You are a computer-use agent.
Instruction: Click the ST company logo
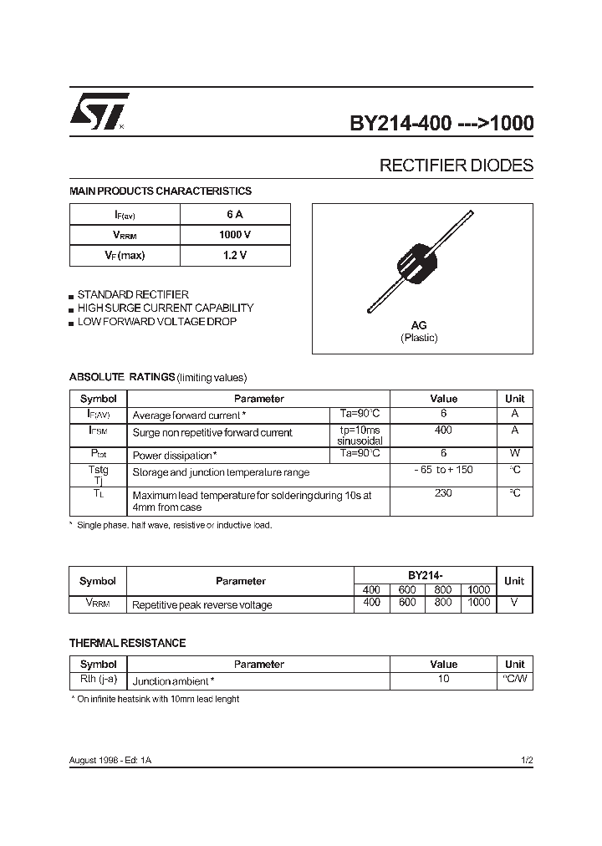(x=99, y=111)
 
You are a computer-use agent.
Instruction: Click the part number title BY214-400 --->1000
(x=441, y=124)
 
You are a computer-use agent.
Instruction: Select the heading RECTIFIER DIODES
(x=456, y=166)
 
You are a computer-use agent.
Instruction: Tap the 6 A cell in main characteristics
(x=235, y=214)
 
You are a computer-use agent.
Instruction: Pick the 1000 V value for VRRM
(x=235, y=235)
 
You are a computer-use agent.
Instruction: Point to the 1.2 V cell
(x=235, y=256)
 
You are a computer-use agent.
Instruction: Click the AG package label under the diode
(x=419, y=325)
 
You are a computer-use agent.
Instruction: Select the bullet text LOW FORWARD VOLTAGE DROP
(x=156, y=322)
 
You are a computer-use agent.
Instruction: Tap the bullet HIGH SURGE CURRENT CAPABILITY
(x=165, y=308)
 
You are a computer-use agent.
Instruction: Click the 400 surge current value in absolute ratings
(x=443, y=431)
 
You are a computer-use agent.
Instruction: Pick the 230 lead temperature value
(x=443, y=493)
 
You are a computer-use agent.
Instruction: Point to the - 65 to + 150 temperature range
(x=443, y=470)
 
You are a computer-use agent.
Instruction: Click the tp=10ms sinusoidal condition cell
(x=360, y=435)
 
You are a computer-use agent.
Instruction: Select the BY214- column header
(x=425, y=576)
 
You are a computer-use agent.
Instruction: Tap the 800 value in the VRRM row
(x=443, y=603)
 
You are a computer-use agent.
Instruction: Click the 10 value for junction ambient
(x=443, y=679)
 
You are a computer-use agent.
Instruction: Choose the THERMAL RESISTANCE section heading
(x=127, y=643)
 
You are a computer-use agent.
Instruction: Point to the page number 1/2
(x=526, y=760)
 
